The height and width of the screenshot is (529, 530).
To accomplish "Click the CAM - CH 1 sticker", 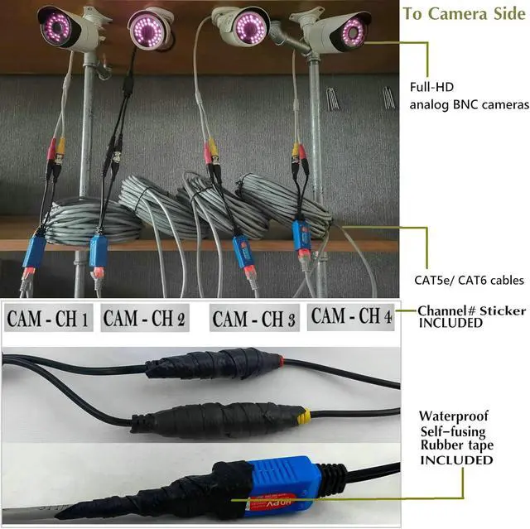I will [x=48, y=318].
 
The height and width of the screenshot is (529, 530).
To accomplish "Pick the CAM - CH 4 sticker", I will [x=351, y=315].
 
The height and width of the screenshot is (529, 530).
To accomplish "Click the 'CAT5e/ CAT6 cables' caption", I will [x=469, y=281].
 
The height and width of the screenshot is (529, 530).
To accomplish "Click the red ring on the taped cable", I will [x=281, y=361].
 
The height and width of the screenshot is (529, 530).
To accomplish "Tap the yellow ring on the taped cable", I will [x=305, y=416].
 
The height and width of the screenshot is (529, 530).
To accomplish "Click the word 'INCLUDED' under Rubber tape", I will [x=456, y=460].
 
